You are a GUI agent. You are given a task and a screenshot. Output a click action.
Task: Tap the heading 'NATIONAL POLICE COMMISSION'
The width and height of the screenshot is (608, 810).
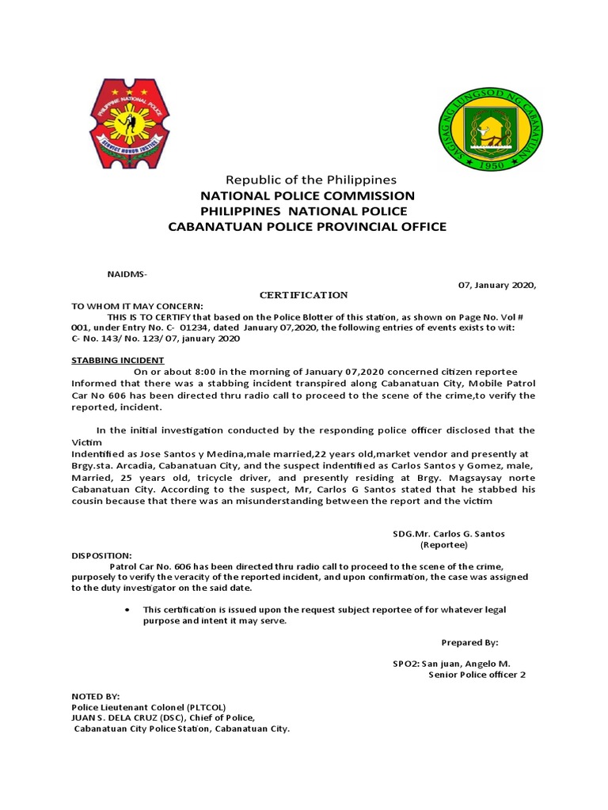[x=307, y=195]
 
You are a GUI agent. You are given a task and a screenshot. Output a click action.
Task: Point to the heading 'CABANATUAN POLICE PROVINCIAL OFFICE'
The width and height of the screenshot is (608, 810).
[x=307, y=227]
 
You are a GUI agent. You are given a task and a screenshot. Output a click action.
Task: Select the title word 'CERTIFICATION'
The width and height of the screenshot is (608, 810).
[x=304, y=295]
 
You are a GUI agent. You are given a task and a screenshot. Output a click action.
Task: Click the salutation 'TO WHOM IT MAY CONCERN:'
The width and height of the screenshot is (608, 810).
[x=137, y=306]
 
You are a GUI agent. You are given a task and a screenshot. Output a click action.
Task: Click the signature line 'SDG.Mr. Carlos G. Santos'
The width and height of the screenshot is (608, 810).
[x=449, y=534]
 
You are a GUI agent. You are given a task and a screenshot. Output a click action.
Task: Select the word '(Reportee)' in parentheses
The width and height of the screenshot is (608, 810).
[x=444, y=545]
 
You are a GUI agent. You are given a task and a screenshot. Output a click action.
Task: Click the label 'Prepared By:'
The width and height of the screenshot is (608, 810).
[x=470, y=642]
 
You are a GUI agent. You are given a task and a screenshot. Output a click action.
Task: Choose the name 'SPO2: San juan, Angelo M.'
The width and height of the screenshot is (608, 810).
[x=452, y=664]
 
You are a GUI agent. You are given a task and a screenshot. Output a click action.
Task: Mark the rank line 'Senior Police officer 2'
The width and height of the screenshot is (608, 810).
[x=477, y=675]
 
